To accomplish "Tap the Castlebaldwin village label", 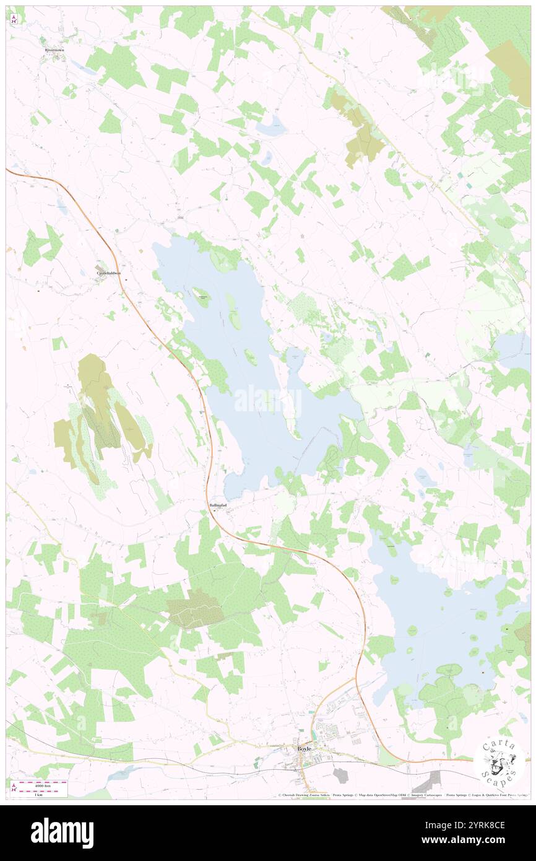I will coord(108,273).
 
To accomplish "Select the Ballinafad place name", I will coord(217,505).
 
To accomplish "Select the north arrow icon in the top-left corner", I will coord(14,19).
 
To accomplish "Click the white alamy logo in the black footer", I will coord(62,833).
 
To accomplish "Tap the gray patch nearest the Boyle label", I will coord(340,774).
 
